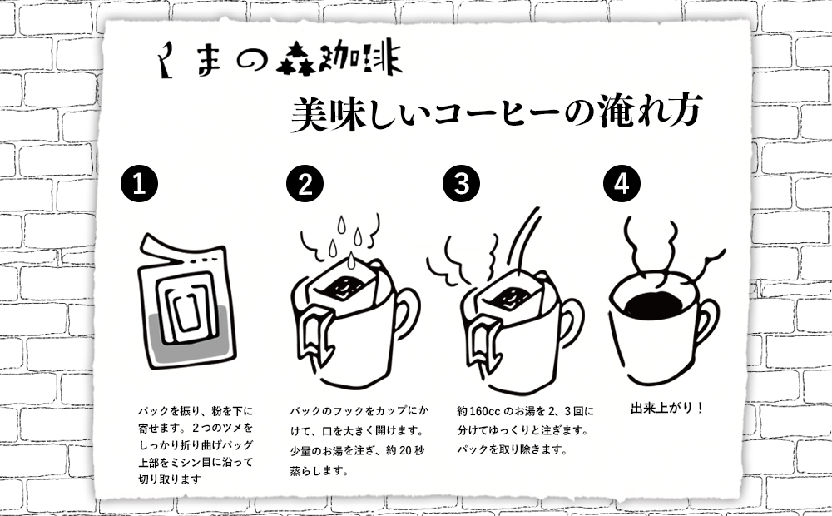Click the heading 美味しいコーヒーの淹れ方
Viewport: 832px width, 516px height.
tap(497, 114)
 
